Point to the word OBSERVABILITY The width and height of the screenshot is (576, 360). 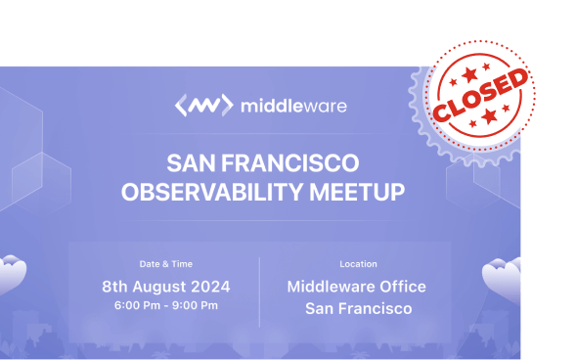[x=210, y=191]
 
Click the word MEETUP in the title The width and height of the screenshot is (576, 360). [x=356, y=191]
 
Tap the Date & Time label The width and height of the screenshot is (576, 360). [x=166, y=264]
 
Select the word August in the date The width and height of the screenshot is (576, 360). [x=165, y=287]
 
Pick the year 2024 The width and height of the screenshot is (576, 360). [x=212, y=287]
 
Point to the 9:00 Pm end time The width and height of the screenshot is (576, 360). [x=197, y=306]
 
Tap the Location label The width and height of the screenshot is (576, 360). [x=358, y=264]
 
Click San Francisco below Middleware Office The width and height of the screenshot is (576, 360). [x=358, y=309]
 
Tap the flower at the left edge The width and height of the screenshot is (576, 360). [x=10, y=273]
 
